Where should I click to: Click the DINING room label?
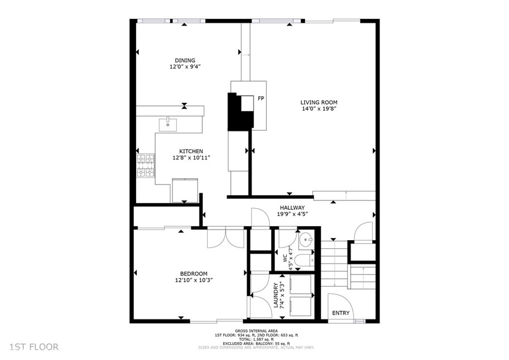[x=185, y=60]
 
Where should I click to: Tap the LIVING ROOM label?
[x=319, y=102]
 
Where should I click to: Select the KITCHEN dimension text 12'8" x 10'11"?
[x=191, y=158]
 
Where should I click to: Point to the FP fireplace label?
[x=260, y=98]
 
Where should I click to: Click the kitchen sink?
[x=168, y=125]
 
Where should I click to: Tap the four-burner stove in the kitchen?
[x=145, y=166]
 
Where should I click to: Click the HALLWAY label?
[x=292, y=208]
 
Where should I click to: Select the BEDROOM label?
[x=194, y=273]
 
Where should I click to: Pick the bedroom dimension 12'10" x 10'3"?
[x=194, y=280]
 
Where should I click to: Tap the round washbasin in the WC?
[x=306, y=240]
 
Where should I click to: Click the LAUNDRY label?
[x=276, y=295]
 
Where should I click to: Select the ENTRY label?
[x=341, y=313]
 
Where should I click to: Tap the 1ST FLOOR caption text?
[x=34, y=347]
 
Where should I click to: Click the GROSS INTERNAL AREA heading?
[x=256, y=331]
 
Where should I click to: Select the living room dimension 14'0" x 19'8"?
[x=319, y=109]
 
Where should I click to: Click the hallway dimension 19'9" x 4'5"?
[x=292, y=214]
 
